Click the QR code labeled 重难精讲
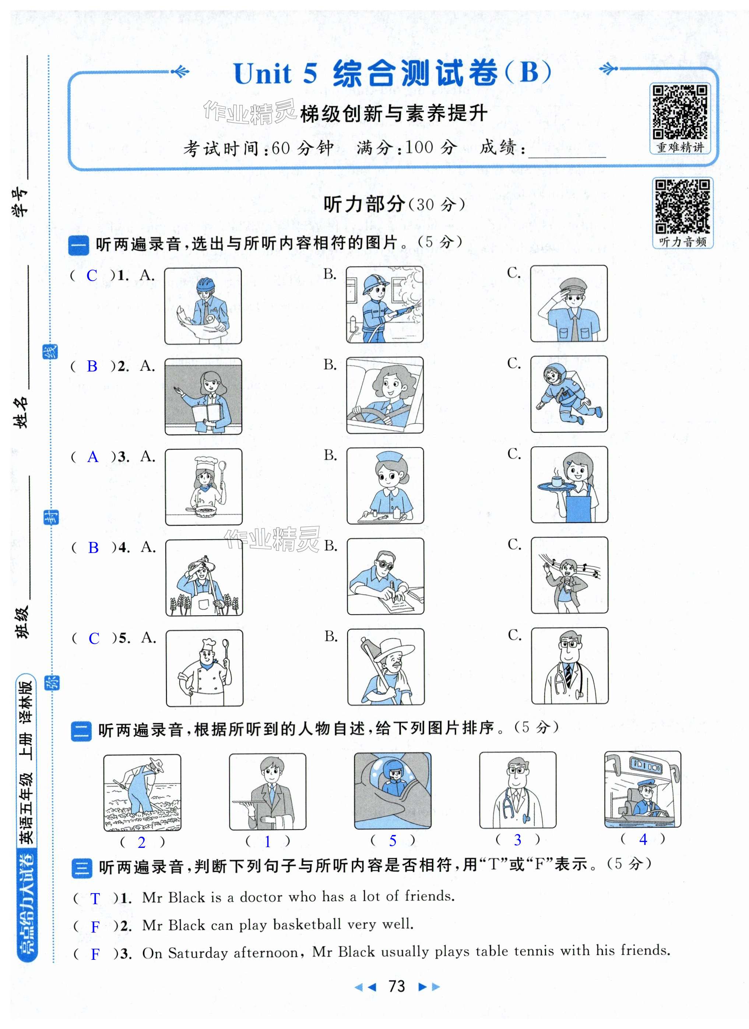click(x=679, y=112)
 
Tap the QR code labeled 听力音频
click(x=683, y=207)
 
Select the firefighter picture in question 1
click(x=384, y=304)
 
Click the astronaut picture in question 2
click(x=569, y=394)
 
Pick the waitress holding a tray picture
click(x=569, y=484)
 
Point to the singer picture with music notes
click(x=569, y=575)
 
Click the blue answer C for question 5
click(x=94, y=638)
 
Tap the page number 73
click(x=397, y=986)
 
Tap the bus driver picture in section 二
click(x=642, y=789)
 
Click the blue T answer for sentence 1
click(x=95, y=899)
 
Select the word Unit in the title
click(x=263, y=74)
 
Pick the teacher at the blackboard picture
click(x=203, y=396)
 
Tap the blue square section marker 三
click(x=82, y=867)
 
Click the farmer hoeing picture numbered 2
click(x=142, y=793)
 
